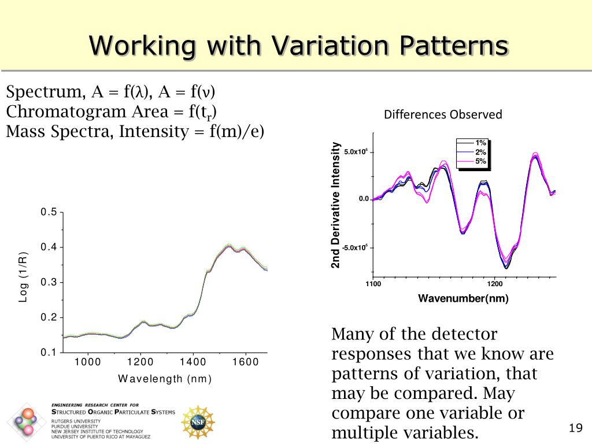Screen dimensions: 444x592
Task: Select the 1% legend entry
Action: [480, 143]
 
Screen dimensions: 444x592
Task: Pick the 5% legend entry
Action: [480, 161]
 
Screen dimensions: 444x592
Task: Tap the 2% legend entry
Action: [480, 152]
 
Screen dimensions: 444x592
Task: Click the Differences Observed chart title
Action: [443, 114]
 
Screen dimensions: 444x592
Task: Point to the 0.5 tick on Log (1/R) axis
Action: [49, 212]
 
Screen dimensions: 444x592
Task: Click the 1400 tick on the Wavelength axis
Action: [193, 362]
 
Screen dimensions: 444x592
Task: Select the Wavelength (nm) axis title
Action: [165, 379]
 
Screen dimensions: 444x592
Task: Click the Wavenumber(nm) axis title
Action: [463, 299]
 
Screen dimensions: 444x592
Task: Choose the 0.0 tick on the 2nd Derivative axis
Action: [364, 199]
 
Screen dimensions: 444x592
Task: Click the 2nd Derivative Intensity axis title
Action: [335, 205]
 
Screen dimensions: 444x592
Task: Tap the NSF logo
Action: [198, 421]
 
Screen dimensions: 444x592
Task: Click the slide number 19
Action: [575, 428]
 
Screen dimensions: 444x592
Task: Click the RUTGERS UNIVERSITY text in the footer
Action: [76, 421]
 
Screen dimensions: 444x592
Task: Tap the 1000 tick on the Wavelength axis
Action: [88, 362]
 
